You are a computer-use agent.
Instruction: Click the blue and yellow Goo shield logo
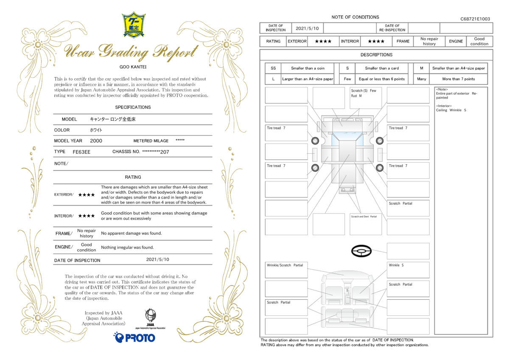point(134,25)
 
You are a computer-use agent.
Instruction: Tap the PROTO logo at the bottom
point(134,337)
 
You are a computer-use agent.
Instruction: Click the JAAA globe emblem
point(151,315)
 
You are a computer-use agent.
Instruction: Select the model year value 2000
point(96,141)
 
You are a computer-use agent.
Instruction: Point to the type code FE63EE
point(81,152)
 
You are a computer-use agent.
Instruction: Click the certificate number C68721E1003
point(475,19)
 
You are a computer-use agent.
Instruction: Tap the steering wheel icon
point(361,251)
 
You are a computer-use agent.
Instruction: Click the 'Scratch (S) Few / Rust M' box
point(366,98)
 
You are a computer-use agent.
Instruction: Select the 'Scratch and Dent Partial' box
point(366,224)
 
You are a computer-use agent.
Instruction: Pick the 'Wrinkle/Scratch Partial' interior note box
point(286,270)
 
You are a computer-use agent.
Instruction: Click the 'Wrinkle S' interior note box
point(408,270)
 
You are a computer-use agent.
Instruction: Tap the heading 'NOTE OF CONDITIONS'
point(355,17)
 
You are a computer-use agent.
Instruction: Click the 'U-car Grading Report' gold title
point(131,52)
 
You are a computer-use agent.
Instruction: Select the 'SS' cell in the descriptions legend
point(273,68)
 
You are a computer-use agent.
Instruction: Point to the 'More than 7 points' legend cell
point(459,79)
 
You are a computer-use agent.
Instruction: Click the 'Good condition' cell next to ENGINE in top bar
point(479,41)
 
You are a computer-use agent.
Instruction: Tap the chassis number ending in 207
point(156,152)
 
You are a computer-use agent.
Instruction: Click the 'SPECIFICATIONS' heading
point(133,107)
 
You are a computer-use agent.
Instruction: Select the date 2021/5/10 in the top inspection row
point(307,28)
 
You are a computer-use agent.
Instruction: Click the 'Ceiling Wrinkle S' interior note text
point(451,110)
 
